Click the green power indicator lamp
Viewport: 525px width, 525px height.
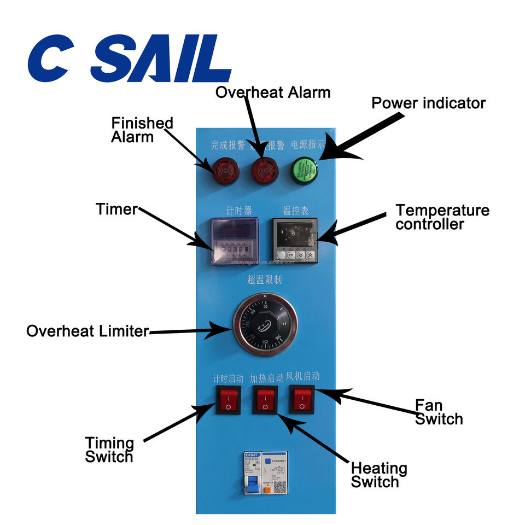[304, 170]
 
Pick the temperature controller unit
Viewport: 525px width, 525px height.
[295, 240]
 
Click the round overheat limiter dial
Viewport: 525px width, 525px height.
[265, 327]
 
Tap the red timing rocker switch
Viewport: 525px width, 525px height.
[227, 400]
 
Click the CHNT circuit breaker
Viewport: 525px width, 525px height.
[265, 476]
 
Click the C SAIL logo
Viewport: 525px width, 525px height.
[130, 59]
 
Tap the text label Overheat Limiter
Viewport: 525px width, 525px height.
[87, 331]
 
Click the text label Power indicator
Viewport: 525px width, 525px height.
[428, 103]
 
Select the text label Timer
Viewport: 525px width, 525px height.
[115, 209]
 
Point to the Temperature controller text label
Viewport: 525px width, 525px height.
[442, 217]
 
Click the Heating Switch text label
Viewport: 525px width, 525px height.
[378, 475]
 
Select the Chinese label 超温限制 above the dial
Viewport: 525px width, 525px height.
[265, 280]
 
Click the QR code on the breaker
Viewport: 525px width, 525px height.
[278, 488]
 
